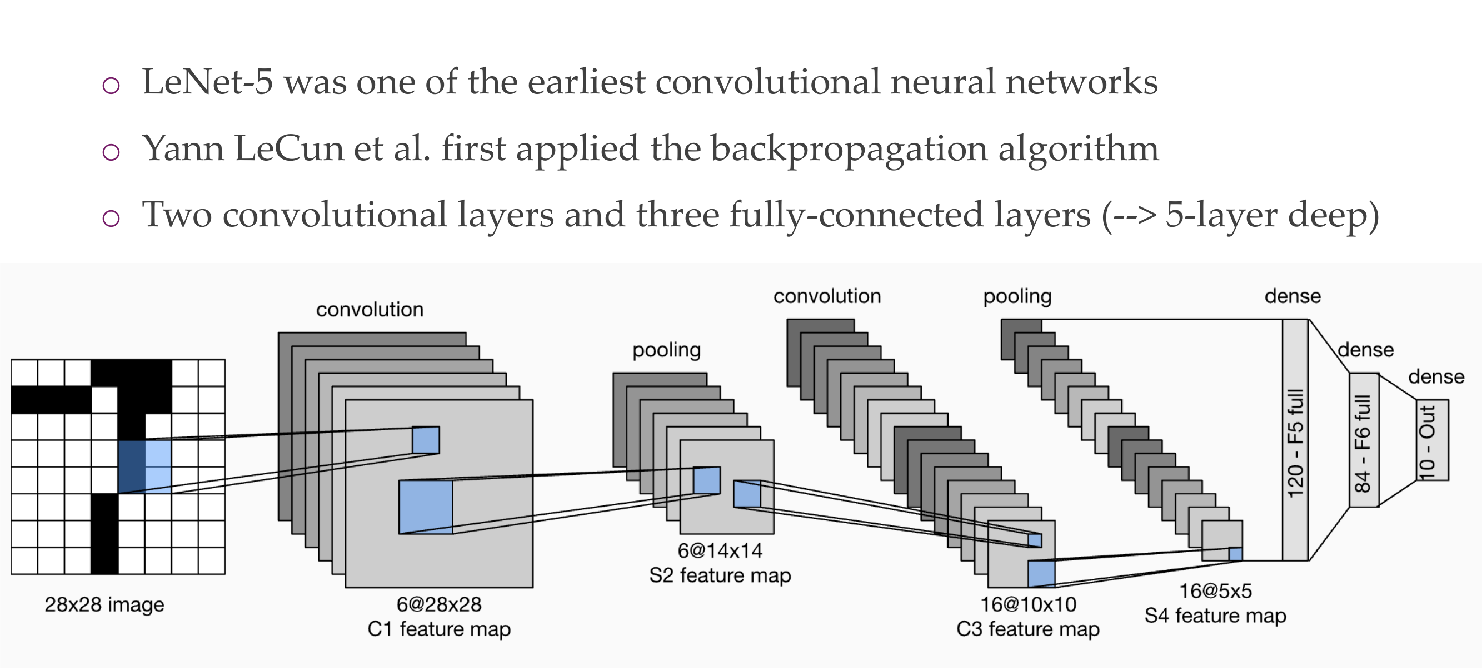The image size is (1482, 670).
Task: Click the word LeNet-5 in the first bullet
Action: coord(207,82)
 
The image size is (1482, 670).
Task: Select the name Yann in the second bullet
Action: coord(183,148)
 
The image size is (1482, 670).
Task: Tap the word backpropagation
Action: coord(849,150)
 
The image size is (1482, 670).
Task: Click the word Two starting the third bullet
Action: coord(177,215)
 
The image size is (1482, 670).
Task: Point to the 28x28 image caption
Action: coord(104,604)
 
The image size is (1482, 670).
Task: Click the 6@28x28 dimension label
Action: coord(438,604)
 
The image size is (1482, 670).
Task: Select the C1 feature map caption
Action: coord(438,628)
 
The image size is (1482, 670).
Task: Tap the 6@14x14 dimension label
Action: coord(719,551)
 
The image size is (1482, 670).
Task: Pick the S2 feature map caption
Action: coord(719,575)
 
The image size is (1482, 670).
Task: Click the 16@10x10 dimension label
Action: coord(1027,604)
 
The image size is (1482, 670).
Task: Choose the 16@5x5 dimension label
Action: coord(1215,590)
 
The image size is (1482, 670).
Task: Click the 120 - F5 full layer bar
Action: coord(1295,440)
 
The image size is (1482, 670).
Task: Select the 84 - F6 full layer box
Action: coord(1364,440)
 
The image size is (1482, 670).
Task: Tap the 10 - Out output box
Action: coord(1432,440)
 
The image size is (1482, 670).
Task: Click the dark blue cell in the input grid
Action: coord(131,467)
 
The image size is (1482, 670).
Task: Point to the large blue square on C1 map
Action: coord(426,507)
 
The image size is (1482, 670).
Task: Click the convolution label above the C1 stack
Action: coord(370,310)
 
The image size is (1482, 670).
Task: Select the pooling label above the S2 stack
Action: coord(666,350)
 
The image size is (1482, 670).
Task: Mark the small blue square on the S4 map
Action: coord(1235,554)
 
